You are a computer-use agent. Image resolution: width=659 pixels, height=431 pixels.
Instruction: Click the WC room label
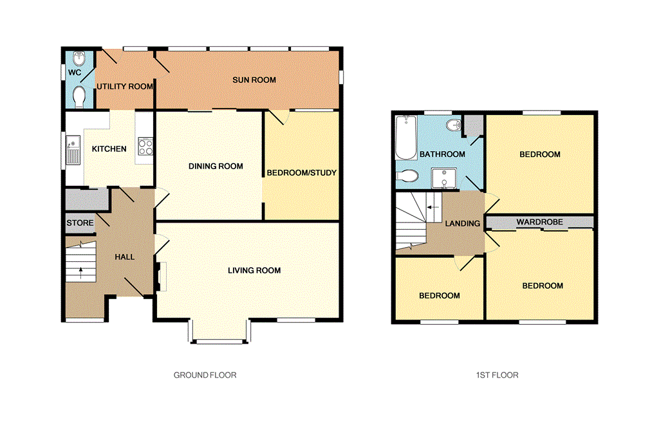pos(75,73)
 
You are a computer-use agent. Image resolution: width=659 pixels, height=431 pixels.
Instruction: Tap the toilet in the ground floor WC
pos(79,96)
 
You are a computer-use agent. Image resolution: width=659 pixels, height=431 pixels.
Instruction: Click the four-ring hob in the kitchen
pos(145,147)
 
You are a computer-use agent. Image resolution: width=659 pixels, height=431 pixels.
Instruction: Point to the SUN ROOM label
pos(254,80)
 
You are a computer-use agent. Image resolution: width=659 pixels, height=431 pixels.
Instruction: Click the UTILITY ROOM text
pos(125,87)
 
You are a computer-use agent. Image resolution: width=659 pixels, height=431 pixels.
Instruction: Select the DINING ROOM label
pos(216,167)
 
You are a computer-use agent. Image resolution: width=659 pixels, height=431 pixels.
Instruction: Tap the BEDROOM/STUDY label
pos(302,173)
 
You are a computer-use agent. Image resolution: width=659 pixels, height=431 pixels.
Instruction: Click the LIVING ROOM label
pos(254,270)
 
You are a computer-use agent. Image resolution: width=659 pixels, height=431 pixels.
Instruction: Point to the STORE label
pos(80,223)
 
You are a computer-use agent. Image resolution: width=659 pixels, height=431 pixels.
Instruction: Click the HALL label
pos(125,257)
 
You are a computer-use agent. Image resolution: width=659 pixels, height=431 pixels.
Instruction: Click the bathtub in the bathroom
pos(405,138)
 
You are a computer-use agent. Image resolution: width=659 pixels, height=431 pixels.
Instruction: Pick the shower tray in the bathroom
pos(445,178)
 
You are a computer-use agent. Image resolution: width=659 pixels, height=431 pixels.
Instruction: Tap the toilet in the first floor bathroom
pos(408,176)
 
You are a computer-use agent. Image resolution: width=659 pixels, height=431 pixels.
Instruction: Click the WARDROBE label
pos(539,223)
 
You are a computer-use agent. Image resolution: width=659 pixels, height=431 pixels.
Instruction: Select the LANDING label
pos(463,224)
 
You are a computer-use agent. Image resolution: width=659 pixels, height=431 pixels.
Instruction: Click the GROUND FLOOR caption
pos(205,375)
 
